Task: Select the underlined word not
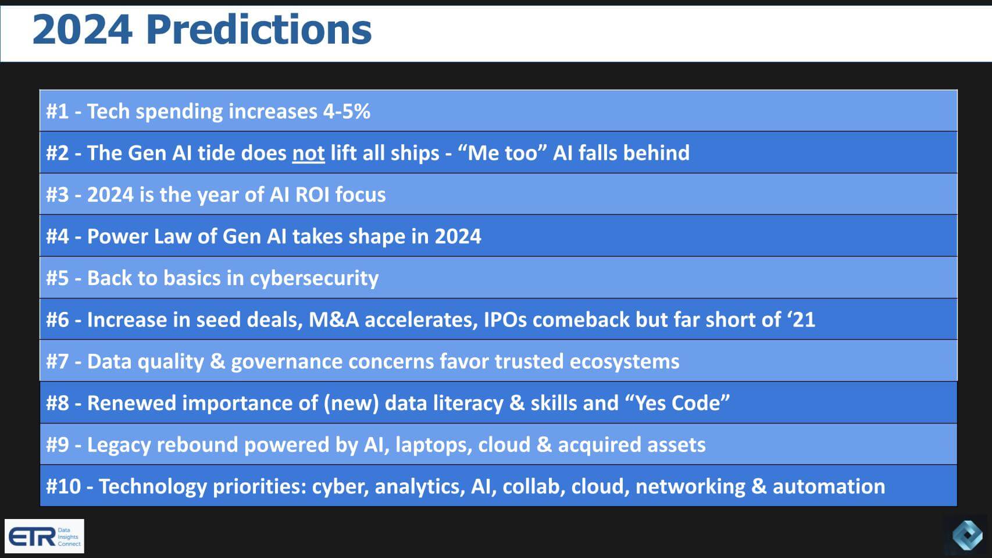[308, 153]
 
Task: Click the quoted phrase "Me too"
[502, 153]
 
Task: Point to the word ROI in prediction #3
[312, 194]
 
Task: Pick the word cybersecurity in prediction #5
[314, 278]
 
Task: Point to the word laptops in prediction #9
[433, 445]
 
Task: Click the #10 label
[63, 486]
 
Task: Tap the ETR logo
[44, 536]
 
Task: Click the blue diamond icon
[967, 535]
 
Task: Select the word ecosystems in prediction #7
[624, 361]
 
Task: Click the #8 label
[58, 403]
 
